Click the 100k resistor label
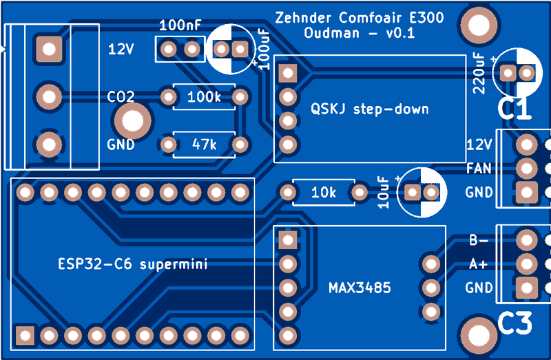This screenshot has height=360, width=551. point(204,96)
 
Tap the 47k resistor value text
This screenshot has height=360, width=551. point(204,145)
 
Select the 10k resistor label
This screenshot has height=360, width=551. point(323,193)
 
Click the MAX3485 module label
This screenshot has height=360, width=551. point(360,288)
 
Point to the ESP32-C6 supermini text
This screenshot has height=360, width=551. point(133,264)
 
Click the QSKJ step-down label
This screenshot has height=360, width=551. point(370,109)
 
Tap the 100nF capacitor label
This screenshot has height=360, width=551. point(180,25)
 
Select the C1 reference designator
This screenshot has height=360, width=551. point(514,109)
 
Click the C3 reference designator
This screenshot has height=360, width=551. point(514,323)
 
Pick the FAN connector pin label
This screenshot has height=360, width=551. point(479,169)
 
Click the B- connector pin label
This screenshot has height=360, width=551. point(479,241)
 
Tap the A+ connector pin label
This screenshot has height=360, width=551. point(478,264)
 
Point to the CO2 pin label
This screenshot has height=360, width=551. point(121,96)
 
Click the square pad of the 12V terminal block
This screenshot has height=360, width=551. point(49,49)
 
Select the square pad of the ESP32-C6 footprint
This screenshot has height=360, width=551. point(25,335)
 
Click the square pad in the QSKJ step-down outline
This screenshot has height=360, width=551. point(288,73)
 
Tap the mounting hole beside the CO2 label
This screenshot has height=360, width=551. point(133,121)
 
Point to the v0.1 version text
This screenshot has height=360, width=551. point(400,33)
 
